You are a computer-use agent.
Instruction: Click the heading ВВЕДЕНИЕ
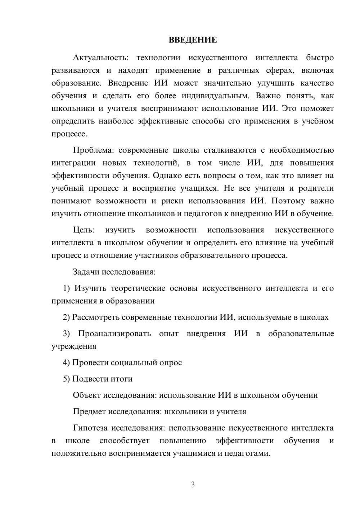(193, 40)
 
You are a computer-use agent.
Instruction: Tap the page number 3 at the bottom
(193, 485)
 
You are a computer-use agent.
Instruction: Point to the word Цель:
(84, 230)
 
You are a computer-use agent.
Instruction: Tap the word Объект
(87, 395)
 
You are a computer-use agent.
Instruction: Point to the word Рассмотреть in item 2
(96, 317)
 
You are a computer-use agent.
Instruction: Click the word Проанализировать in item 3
(114, 333)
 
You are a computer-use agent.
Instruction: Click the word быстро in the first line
(320, 58)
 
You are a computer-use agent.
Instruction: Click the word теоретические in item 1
(138, 288)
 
